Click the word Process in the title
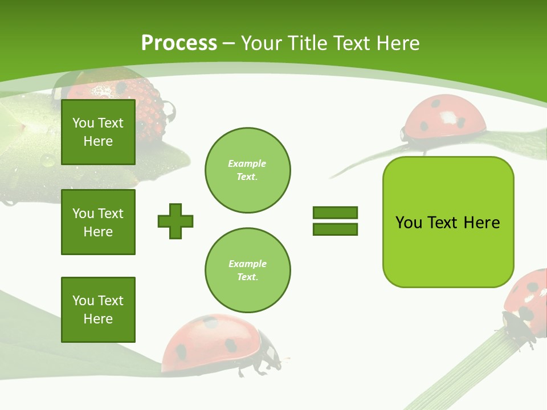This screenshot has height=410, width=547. (x=179, y=43)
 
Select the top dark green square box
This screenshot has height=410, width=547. (x=98, y=132)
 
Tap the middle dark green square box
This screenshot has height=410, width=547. (x=98, y=222)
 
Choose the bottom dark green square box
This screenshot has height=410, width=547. (x=98, y=310)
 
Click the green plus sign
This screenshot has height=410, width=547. (x=175, y=221)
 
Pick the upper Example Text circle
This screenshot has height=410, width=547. (x=248, y=170)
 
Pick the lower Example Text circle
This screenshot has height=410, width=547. (x=248, y=270)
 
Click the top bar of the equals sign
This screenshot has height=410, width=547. (x=335, y=212)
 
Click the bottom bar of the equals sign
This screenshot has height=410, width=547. (x=335, y=229)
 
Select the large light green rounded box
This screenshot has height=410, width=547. (x=448, y=222)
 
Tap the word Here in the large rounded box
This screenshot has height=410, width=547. (x=481, y=222)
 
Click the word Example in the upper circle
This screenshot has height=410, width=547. (x=247, y=163)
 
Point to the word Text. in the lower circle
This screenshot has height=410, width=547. (x=247, y=277)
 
